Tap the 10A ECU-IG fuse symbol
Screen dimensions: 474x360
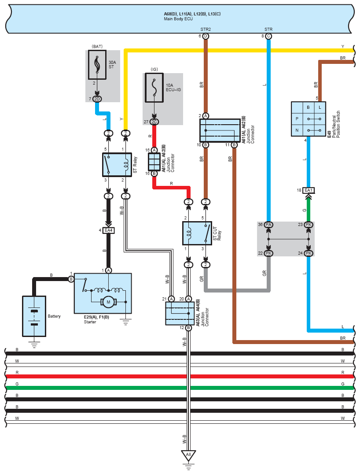(x=154, y=89)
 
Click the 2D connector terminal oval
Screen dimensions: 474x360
(x=97, y=99)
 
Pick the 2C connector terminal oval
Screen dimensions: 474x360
(x=154, y=122)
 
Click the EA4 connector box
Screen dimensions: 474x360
(x=108, y=230)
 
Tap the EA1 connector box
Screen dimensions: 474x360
(x=309, y=190)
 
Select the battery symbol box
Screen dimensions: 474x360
(x=34, y=316)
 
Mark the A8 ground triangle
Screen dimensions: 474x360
(x=188, y=455)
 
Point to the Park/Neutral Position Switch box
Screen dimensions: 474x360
(x=309, y=119)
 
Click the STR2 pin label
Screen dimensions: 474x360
(x=206, y=30)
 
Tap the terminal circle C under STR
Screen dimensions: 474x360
(x=268, y=36)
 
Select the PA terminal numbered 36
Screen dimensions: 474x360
(x=268, y=225)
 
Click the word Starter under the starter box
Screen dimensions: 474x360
(x=90, y=322)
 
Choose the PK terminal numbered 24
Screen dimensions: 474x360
(x=309, y=253)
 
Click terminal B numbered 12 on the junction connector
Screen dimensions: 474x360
(x=188, y=328)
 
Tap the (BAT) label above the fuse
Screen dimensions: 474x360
(x=97, y=46)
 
